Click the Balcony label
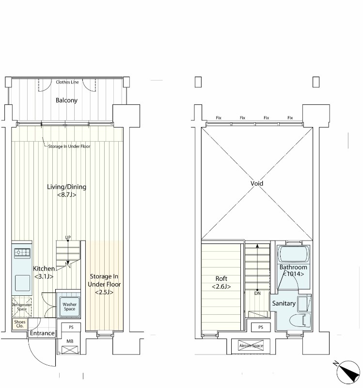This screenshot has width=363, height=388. tap(66, 100)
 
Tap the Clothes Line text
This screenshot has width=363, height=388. tap(67, 82)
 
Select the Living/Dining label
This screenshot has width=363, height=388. tap(66, 187)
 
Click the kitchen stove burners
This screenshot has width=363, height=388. tap(22, 252)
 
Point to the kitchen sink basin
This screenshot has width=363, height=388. tap(22, 283)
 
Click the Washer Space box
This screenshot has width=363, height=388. tap(69, 307)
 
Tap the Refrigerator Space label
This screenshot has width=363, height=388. tap(22, 307)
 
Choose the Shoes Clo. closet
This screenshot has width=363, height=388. tap(20, 324)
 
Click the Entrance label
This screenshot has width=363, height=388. tap(42, 333)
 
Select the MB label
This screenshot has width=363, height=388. tap(70, 341)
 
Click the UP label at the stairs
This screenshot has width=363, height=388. tap(68, 237)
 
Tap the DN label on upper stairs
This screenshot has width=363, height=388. tap(257, 293)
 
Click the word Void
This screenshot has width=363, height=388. tap(257, 183)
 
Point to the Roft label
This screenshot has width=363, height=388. tap(221, 278)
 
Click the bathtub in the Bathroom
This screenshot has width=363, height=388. tap(294, 254)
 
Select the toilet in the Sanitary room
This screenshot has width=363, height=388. tap(300, 321)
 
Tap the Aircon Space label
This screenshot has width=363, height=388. tap(251, 346)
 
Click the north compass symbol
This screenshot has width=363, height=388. tap(348, 372)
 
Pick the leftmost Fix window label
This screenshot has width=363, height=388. tap(219, 118)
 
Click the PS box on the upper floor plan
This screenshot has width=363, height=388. tap(261, 327)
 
